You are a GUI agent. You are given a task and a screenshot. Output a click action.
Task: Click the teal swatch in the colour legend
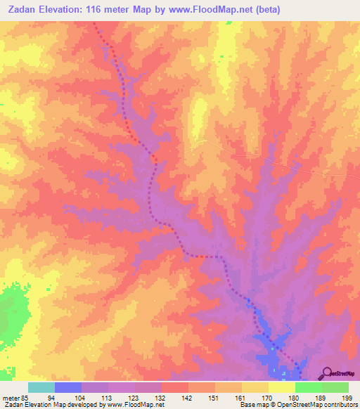[41, 387]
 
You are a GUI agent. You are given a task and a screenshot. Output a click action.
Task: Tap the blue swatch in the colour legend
[67, 387]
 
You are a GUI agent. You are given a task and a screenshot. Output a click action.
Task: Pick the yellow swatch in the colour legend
[281, 387]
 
